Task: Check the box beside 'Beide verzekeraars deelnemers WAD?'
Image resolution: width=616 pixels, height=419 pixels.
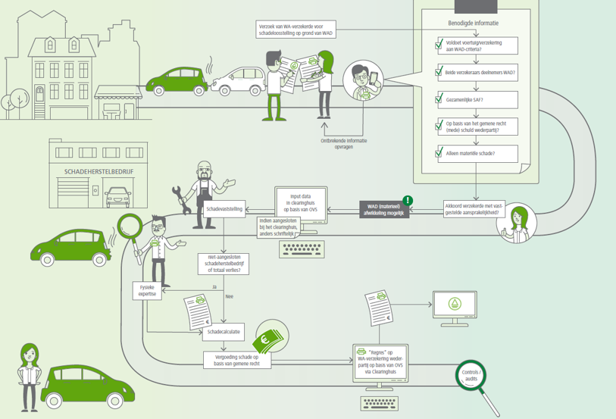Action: coord(438,72)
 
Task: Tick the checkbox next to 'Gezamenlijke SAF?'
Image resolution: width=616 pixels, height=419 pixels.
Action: coord(438,99)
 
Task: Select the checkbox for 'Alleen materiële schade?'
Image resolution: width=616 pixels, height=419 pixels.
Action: coord(438,154)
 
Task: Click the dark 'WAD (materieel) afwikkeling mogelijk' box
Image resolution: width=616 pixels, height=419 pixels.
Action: coord(383,209)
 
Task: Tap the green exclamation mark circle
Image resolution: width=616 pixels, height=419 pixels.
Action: coord(408,201)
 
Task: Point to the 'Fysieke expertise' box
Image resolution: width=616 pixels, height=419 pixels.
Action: coord(148,290)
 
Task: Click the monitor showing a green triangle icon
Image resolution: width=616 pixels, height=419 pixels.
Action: coord(455,305)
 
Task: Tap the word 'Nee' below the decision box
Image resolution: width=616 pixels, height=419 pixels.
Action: coord(229,297)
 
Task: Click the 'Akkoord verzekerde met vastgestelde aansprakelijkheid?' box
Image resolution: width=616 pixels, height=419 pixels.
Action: coord(475,208)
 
